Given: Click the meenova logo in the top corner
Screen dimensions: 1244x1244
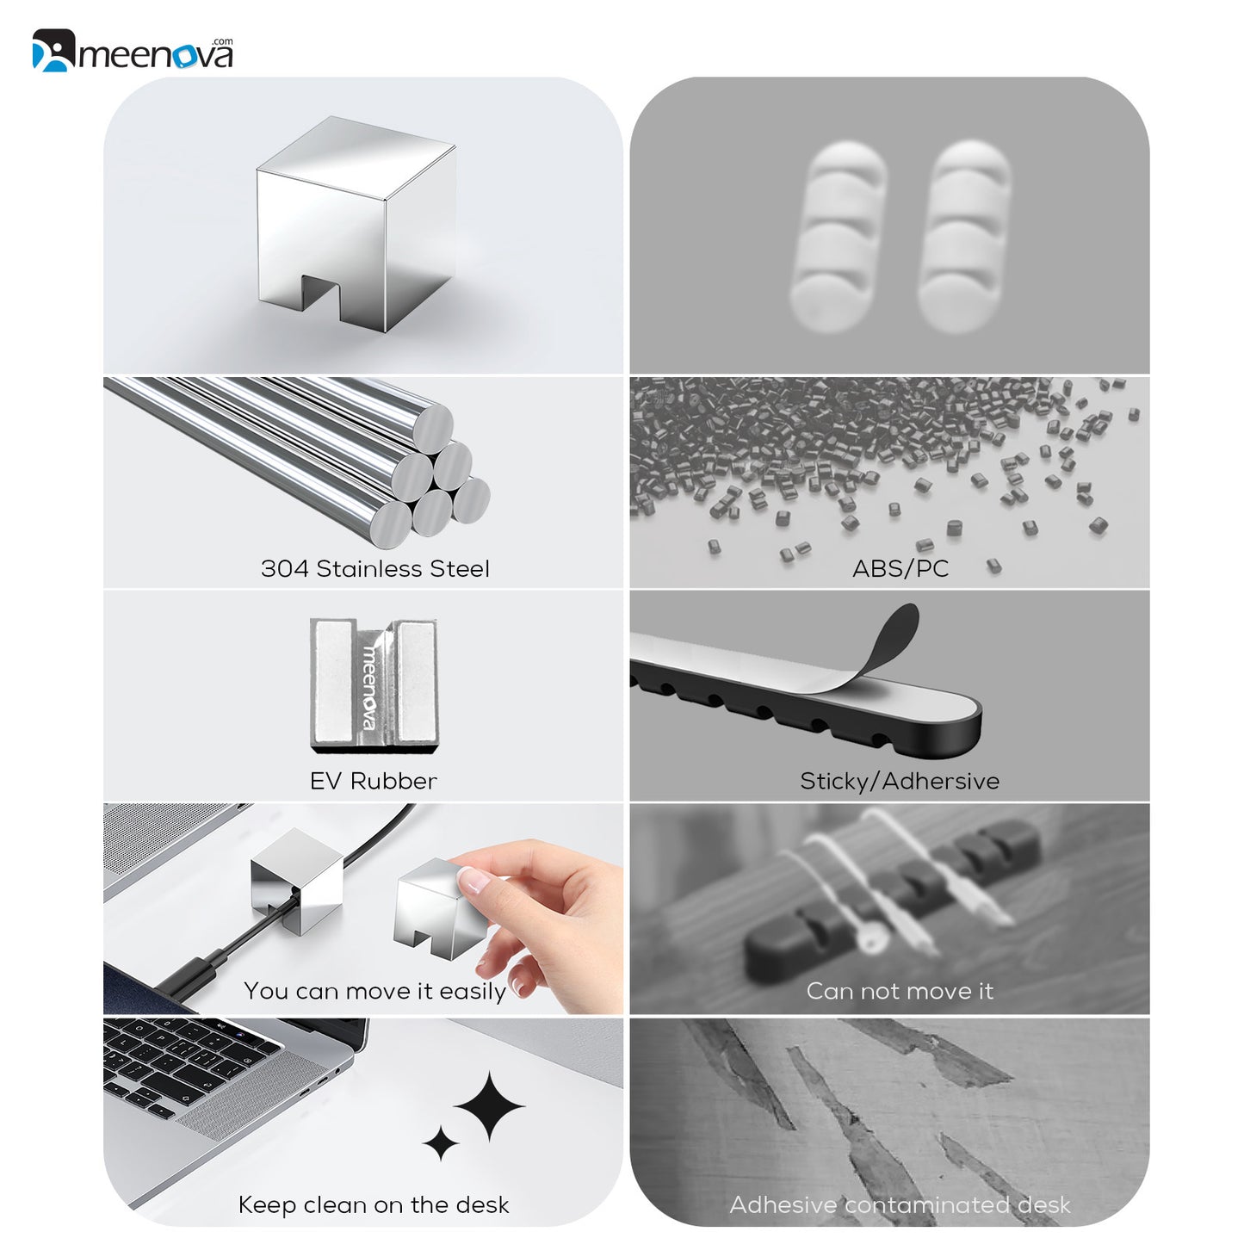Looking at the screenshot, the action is click(133, 50).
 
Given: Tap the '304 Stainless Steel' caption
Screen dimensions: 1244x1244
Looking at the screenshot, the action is click(375, 569).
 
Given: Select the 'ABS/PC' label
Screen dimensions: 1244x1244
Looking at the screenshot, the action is click(900, 569).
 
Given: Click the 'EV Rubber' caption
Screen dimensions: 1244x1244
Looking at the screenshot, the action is click(373, 781).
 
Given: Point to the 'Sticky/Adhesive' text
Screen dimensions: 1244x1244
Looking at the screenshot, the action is click(900, 781).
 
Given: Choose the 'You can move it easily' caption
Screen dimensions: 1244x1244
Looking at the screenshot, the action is click(374, 991).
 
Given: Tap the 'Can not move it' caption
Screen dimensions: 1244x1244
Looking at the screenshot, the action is click(900, 991).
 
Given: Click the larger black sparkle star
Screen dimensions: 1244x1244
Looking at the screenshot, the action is click(489, 1106).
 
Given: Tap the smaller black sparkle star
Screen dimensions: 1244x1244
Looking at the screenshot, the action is click(441, 1143).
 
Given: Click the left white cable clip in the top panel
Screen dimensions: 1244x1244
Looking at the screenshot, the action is click(838, 236).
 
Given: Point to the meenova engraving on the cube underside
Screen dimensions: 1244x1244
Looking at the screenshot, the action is click(370, 686).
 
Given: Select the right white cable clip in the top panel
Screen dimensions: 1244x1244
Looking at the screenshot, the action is click(963, 236).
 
